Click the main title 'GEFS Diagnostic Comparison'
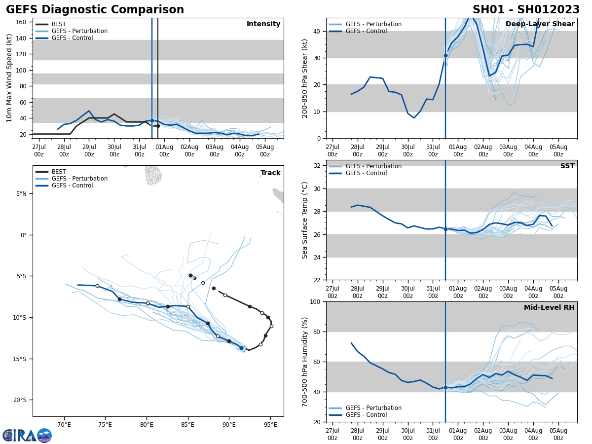(95, 10)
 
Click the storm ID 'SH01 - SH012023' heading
(526, 10)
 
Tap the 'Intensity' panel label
(263, 24)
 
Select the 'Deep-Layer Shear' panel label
(540, 24)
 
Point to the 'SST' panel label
(567, 166)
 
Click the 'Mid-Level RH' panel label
(549, 308)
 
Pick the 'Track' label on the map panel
(270, 173)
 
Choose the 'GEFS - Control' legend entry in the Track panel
(72, 185)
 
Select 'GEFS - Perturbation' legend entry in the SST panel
(373, 166)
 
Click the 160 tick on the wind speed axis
(22, 22)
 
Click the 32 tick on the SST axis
(318, 166)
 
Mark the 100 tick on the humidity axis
(316, 301)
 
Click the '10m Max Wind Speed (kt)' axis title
(9, 78)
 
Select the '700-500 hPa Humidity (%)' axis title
(305, 362)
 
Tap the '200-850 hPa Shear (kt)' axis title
(305, 78)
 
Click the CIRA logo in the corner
(27, 435)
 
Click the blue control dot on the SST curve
(445, 229)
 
